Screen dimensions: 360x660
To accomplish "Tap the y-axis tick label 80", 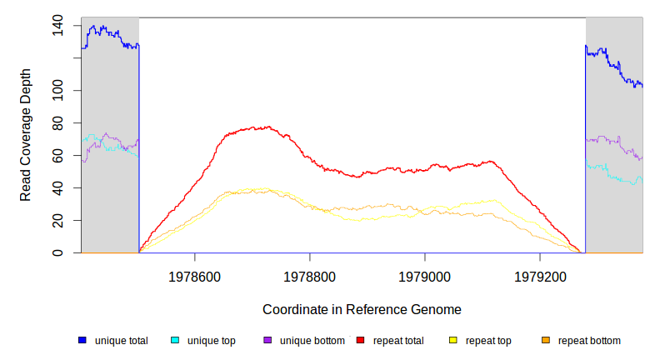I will (x=57, y=123).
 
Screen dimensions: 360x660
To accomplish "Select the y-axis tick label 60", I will (x=57, y=156).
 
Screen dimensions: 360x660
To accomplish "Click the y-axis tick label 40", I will (x=57, y=188).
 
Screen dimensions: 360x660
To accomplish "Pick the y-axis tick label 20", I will (x=57, y=220).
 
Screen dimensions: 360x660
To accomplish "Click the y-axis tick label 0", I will (x=57, y=252).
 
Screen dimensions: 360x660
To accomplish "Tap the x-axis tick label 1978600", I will (x=194, y=275).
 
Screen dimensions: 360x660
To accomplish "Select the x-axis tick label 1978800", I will (x=310, y=275).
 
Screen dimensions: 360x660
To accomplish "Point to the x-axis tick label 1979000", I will (x=425, y=275).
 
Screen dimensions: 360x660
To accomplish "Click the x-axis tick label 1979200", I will (x=540, y=275).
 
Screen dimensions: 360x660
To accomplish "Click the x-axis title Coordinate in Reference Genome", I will (x=362, y=309).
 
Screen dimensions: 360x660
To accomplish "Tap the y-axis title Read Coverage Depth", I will (x=26, y=135).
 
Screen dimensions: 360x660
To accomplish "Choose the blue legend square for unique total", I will (x=82, y=340).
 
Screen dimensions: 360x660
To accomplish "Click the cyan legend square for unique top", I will (x=175, y=340).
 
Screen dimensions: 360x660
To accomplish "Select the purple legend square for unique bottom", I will (x=267, y=340).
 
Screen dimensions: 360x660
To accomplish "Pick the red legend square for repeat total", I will (x=360, y=340).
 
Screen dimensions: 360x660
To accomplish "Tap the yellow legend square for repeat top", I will (x=453, y=340).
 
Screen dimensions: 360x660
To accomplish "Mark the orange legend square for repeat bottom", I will (x=546, y=340).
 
